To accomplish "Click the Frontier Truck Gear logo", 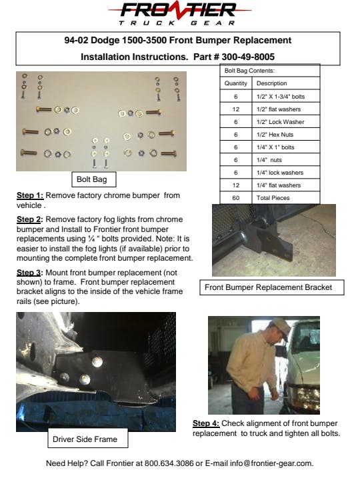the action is point(180,14).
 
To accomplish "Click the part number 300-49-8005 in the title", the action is point(248,57).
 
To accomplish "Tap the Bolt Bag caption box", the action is point(94,179).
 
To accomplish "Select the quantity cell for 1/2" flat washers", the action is point(236,109).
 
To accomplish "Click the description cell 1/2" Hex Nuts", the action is point(285,135).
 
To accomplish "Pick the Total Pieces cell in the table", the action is point(285,198).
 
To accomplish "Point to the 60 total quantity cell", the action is point(236,198).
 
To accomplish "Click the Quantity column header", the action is point(236,83).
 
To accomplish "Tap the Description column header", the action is point(285,83).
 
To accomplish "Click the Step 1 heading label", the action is point(30,195).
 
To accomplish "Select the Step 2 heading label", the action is point(30,219).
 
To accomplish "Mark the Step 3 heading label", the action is point(30,273).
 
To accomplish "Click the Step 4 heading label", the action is point(206,423).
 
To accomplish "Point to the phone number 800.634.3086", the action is point(169,463).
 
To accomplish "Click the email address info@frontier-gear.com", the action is point(271,463).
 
